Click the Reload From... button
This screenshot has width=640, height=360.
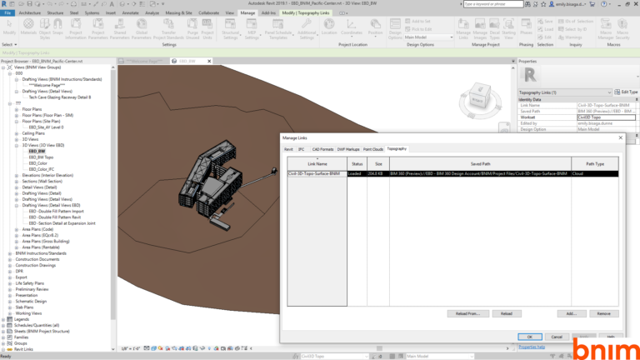click(x=467, y=313)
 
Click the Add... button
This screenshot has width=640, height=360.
click(x=571, y=313)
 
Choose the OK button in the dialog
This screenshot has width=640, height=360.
click(x=529, y=337)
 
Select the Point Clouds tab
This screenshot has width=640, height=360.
click(x=372, y=148)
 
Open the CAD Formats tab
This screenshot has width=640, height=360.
click(x=322, y=148)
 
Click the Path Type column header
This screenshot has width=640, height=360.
click(x=594, y=164)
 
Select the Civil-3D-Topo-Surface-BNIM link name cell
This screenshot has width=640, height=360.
click(x=315, y=173)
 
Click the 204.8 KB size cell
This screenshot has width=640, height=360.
click(x=377, y=173)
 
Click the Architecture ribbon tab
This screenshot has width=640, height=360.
click(x=29, y=13)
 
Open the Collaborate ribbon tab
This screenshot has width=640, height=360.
click(x=209, y=13)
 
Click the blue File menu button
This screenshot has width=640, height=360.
click(x=7, y=13)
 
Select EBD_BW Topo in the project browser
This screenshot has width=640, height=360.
click(x=41, y=157)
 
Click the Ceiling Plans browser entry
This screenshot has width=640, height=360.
click(x=33, y=132)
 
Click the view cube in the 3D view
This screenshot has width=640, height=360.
click(x=477, y=96)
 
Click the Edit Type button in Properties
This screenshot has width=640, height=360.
click(x=626, y=91)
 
